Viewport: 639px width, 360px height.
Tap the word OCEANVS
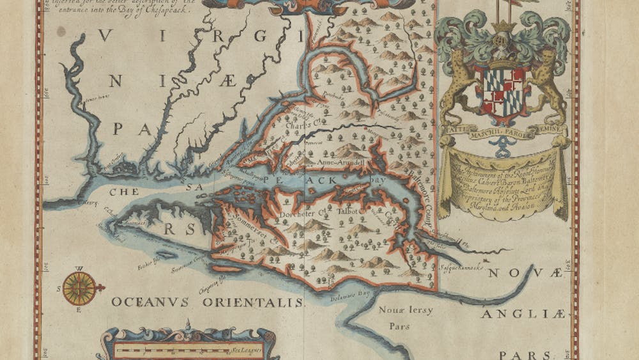(x=150, y=301)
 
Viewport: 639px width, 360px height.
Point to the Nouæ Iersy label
(x=406, y=311)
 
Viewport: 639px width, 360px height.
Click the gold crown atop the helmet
(x=504, y=26)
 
